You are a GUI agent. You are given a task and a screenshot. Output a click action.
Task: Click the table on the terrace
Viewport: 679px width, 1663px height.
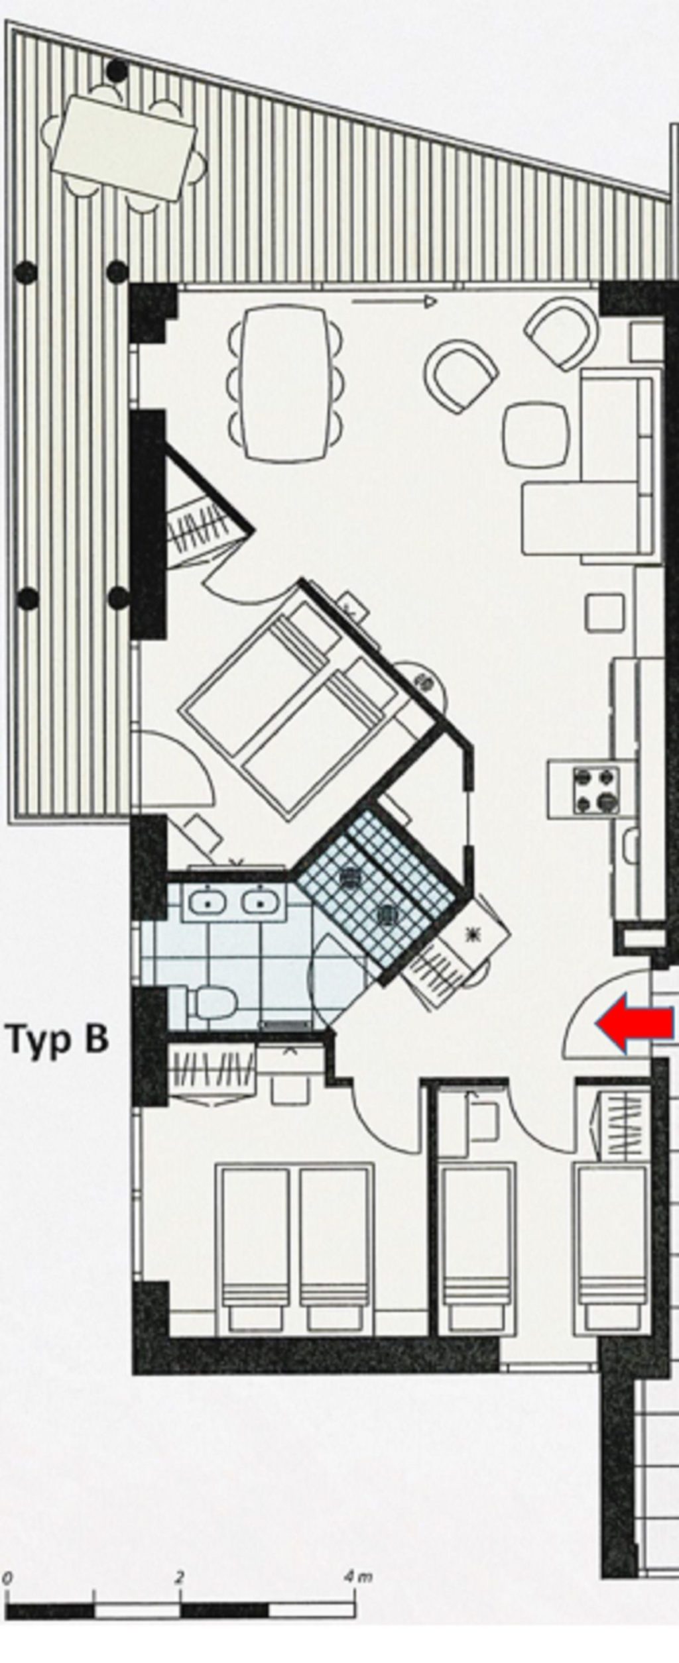[x=126, y=148]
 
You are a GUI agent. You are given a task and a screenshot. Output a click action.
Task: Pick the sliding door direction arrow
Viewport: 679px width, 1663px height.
[x=394, y=302]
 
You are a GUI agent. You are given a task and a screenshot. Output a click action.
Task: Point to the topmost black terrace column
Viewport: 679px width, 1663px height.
[x=117, y=69]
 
